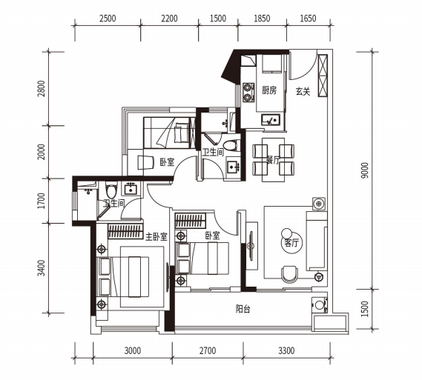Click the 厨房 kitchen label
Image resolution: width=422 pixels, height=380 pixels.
click(x=269, y=90)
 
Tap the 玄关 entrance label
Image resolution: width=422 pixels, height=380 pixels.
click(x=303, y=91)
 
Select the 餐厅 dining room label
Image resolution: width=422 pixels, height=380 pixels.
click(x=273, y=160)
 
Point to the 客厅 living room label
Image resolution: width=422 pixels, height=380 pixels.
click(x=292, y=243)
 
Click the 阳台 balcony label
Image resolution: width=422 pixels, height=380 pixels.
click(x=243, y=309)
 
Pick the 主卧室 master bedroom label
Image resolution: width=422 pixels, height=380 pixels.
click(x=156, y=236)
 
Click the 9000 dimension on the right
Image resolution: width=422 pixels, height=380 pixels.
click(x=365, y=170)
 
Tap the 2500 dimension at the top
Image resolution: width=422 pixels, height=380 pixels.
click(x=108, y=19)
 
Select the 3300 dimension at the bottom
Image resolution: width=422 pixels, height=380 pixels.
click(x=286, y=350)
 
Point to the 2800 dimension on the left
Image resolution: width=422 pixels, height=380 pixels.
click(x=42, y=88)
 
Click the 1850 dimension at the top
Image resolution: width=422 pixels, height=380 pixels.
click(x=262, y=19)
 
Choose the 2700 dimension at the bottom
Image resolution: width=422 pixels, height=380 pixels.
click(x=208, y=350)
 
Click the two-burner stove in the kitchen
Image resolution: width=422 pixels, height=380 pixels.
click(x=248, y=92)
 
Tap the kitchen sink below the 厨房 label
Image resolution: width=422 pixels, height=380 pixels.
click(x=271, y=120)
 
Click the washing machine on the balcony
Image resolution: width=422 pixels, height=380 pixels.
click(x=320, y=304)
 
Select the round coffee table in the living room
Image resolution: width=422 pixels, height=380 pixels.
click(x=286, y=233)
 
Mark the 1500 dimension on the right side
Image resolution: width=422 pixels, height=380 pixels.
click(x=365, y=309)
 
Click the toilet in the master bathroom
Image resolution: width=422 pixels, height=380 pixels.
click(x=111, y=190)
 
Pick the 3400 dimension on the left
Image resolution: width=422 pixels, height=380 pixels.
click(x=42, y=268)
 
